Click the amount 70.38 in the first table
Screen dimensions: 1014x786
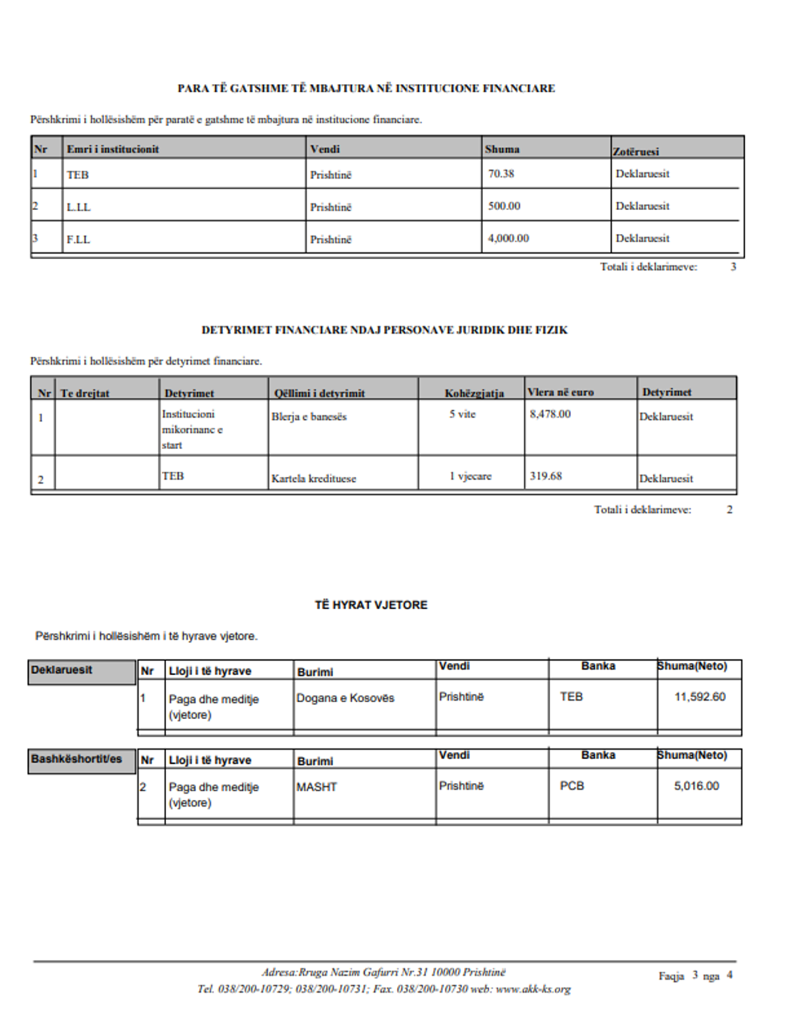(x=501, y=174)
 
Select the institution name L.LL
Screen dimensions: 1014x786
(x=79, y=207)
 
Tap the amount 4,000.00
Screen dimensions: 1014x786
(x=508, y=238)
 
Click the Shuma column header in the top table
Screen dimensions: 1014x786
(x=502, y=149)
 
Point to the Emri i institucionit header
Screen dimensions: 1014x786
(x=113, y=149)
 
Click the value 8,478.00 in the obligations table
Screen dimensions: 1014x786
(x=550, y=414)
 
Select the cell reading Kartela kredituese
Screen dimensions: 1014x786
(x=314, y=479)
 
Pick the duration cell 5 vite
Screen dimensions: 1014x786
(x=462, y=414)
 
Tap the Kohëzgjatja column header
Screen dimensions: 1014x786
(x=474, y=393)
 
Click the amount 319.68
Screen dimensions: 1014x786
(x=545, y=476)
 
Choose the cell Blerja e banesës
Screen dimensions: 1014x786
(x=309, y=417)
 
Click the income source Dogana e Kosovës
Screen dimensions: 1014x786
(x=346, y=698)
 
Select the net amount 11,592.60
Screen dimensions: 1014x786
(x=699, y=697)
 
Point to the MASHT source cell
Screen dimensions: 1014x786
(x=317, y=787)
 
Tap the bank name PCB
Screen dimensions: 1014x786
(x=572, y=786)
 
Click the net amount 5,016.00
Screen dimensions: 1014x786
(x=696, y=786)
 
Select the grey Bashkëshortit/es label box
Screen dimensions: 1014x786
(x=81, y=760)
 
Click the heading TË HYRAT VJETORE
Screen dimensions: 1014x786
(x=371, y=605)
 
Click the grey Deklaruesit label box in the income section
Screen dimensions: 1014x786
(x=81, y=672)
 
